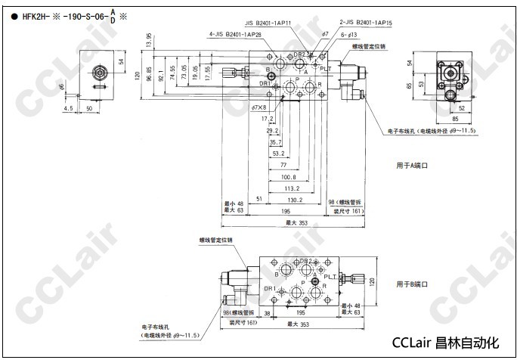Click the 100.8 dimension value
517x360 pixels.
288,177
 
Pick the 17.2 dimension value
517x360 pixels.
267,119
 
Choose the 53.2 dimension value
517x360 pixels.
278,154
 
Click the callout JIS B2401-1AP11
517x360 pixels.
274,23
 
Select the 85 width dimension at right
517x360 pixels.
454,119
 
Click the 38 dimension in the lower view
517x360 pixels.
267,312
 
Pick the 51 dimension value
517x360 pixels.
259,200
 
